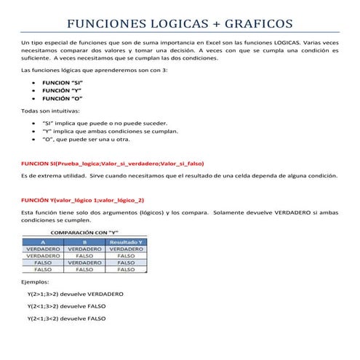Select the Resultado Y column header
[127, 241]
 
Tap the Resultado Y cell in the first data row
[127, 249]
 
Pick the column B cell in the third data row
[84, 263]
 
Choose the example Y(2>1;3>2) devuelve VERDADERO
[75, 294]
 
